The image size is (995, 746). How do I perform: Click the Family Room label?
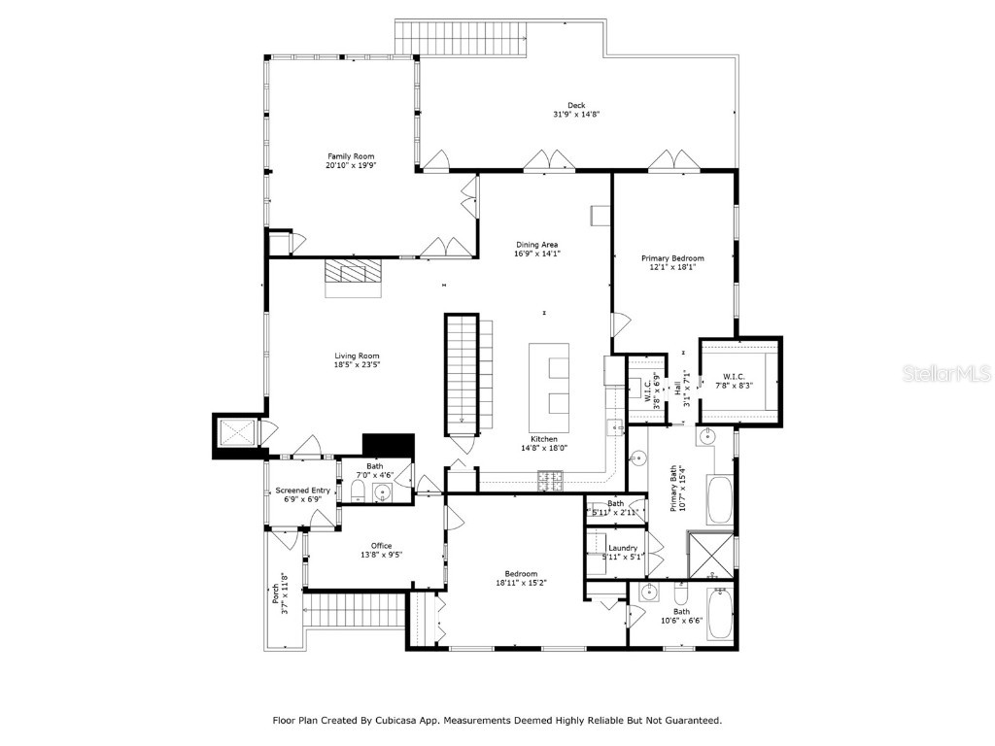(x=350, y=156)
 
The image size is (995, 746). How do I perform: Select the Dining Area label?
(x=536, y=245)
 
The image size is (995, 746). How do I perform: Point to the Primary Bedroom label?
(x=672, y=258)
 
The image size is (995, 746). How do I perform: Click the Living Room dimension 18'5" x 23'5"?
(x=357, y=365)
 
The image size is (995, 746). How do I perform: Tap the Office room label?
(x=381, y=545)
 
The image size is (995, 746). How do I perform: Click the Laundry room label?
(x=622, y=548)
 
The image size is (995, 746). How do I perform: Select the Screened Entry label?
(x=302, y=491)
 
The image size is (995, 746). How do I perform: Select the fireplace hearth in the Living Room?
(x=354, y=277)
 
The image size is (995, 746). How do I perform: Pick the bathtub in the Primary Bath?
(x=720, y=500)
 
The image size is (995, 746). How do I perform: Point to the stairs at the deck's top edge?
(x=461, y=37)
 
